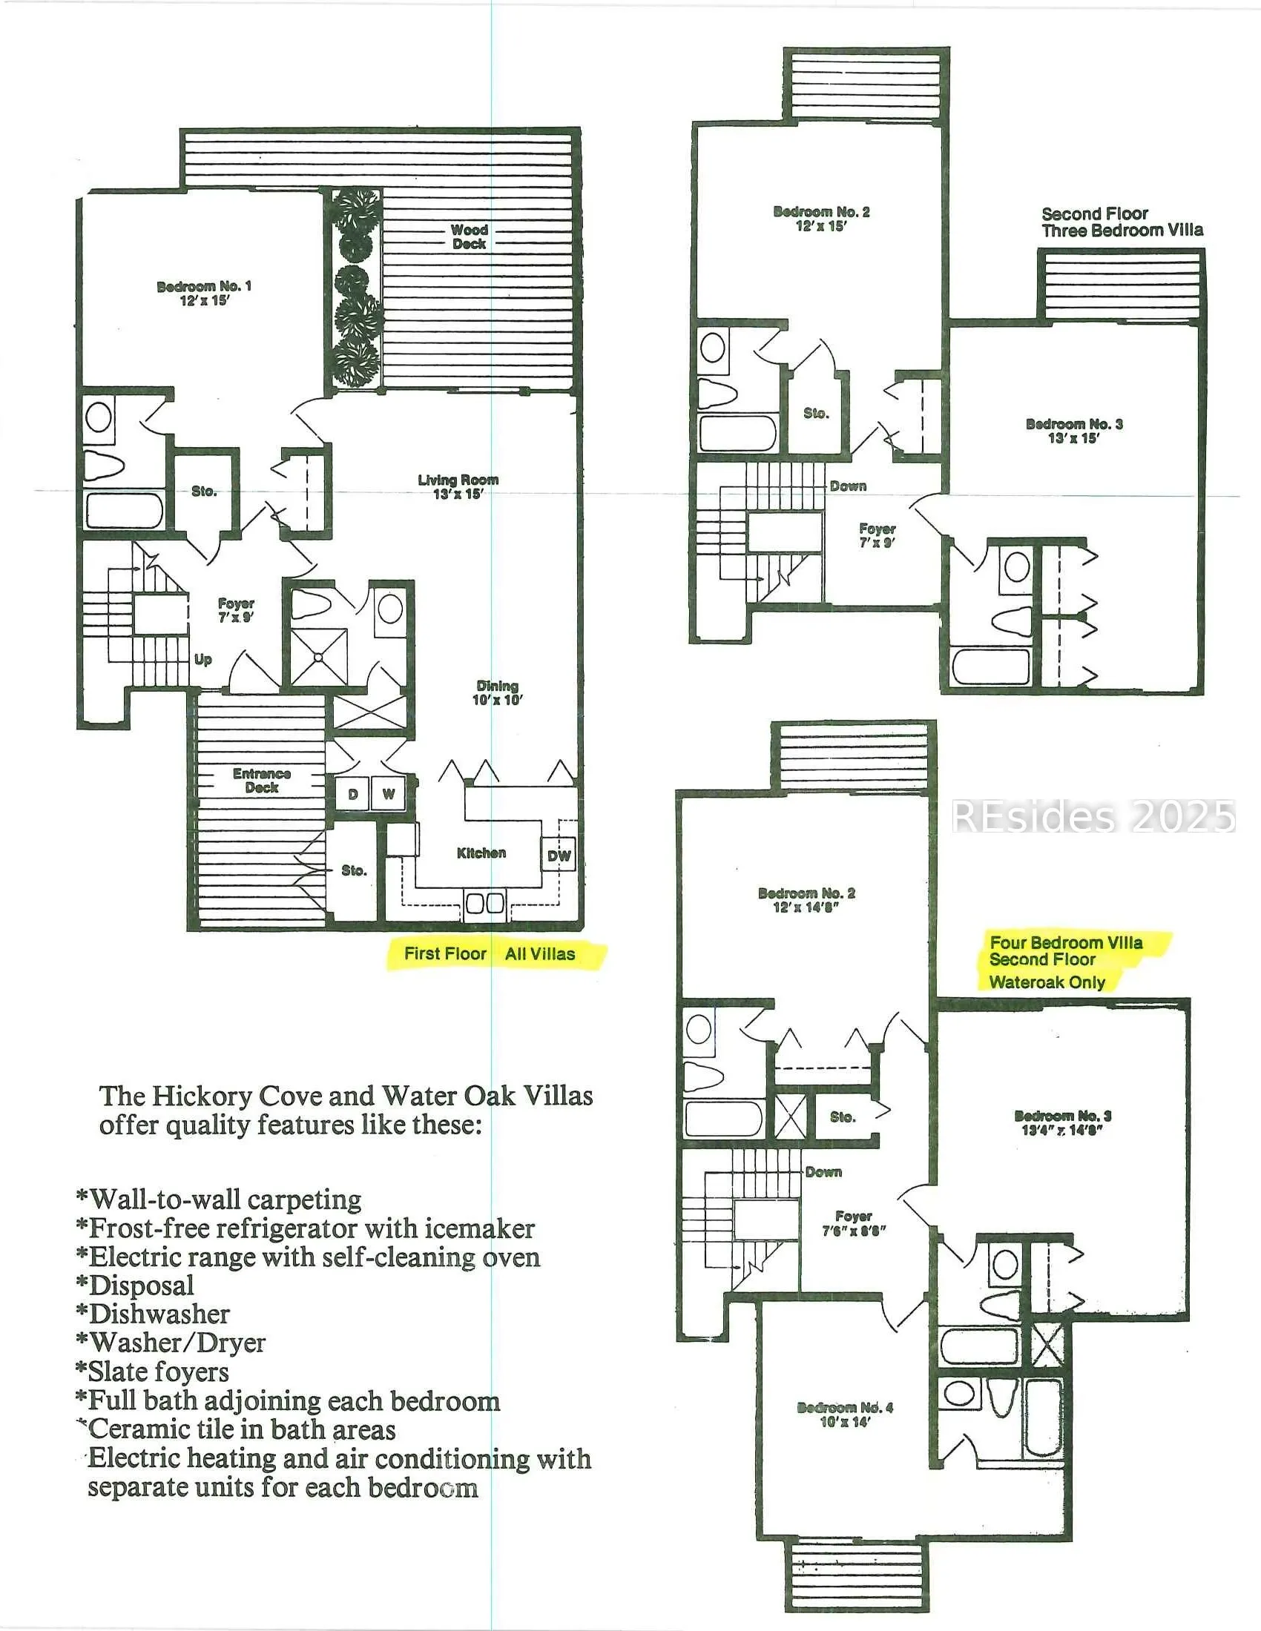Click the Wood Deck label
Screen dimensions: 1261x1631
click(x=469, y=236)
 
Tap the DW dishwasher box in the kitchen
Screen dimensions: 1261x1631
click(x=559, y=856)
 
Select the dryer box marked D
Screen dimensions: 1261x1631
click(x=352, y=795)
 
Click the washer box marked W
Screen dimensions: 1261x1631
click(x=389, y=795)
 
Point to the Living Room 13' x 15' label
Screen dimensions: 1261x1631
click(x=458, y=487)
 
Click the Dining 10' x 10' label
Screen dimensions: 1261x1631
click(x=498, y=693)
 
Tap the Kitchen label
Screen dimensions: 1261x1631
click(x=481, y=853)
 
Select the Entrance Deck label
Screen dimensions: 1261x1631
click(x=261, y=781)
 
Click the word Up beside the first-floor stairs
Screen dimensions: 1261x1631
click(x=203, y=660)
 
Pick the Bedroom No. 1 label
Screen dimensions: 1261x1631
click(x=204, y=294)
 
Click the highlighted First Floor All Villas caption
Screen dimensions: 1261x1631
click(x=490, y=953)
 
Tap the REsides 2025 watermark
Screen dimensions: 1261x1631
click(x=1093, y=816)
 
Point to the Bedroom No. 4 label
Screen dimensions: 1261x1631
click(x=845, y=1415)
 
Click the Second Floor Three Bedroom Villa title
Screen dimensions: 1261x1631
click(x=1122, y=222)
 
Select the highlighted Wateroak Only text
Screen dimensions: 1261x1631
click(x=1047, y=983)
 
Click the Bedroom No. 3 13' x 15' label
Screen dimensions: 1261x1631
click(x=1073, y=431)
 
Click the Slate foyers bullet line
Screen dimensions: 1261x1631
click(x=152, y=1372)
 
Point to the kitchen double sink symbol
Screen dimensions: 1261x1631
click(x=485, y=903)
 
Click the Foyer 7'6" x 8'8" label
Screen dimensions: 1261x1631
click(x=854, y=1223)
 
